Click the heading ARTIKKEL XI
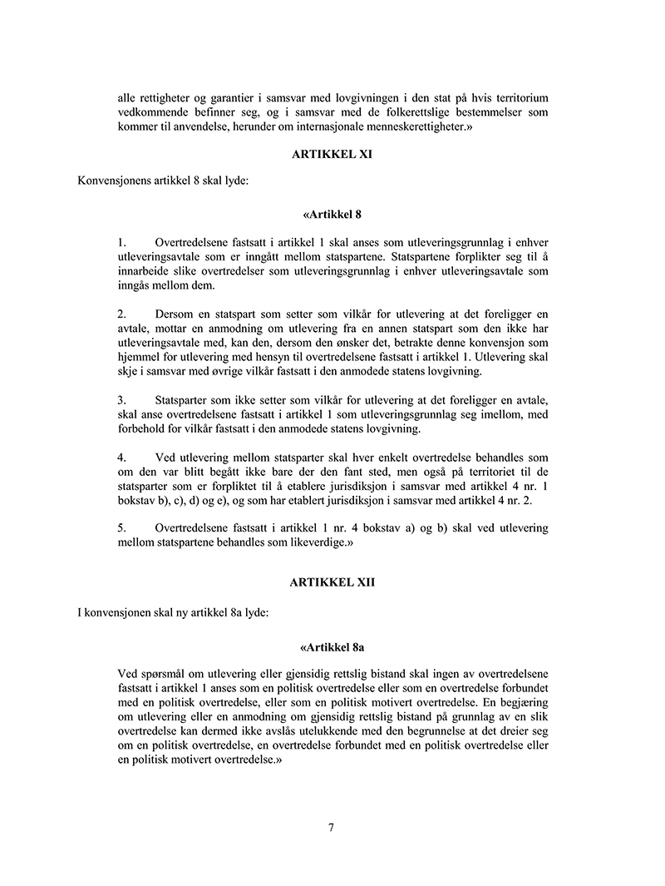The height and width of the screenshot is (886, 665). [332, 156]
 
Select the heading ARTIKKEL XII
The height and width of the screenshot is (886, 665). [332, 582]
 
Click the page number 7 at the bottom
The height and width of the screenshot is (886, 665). [332, 827]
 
